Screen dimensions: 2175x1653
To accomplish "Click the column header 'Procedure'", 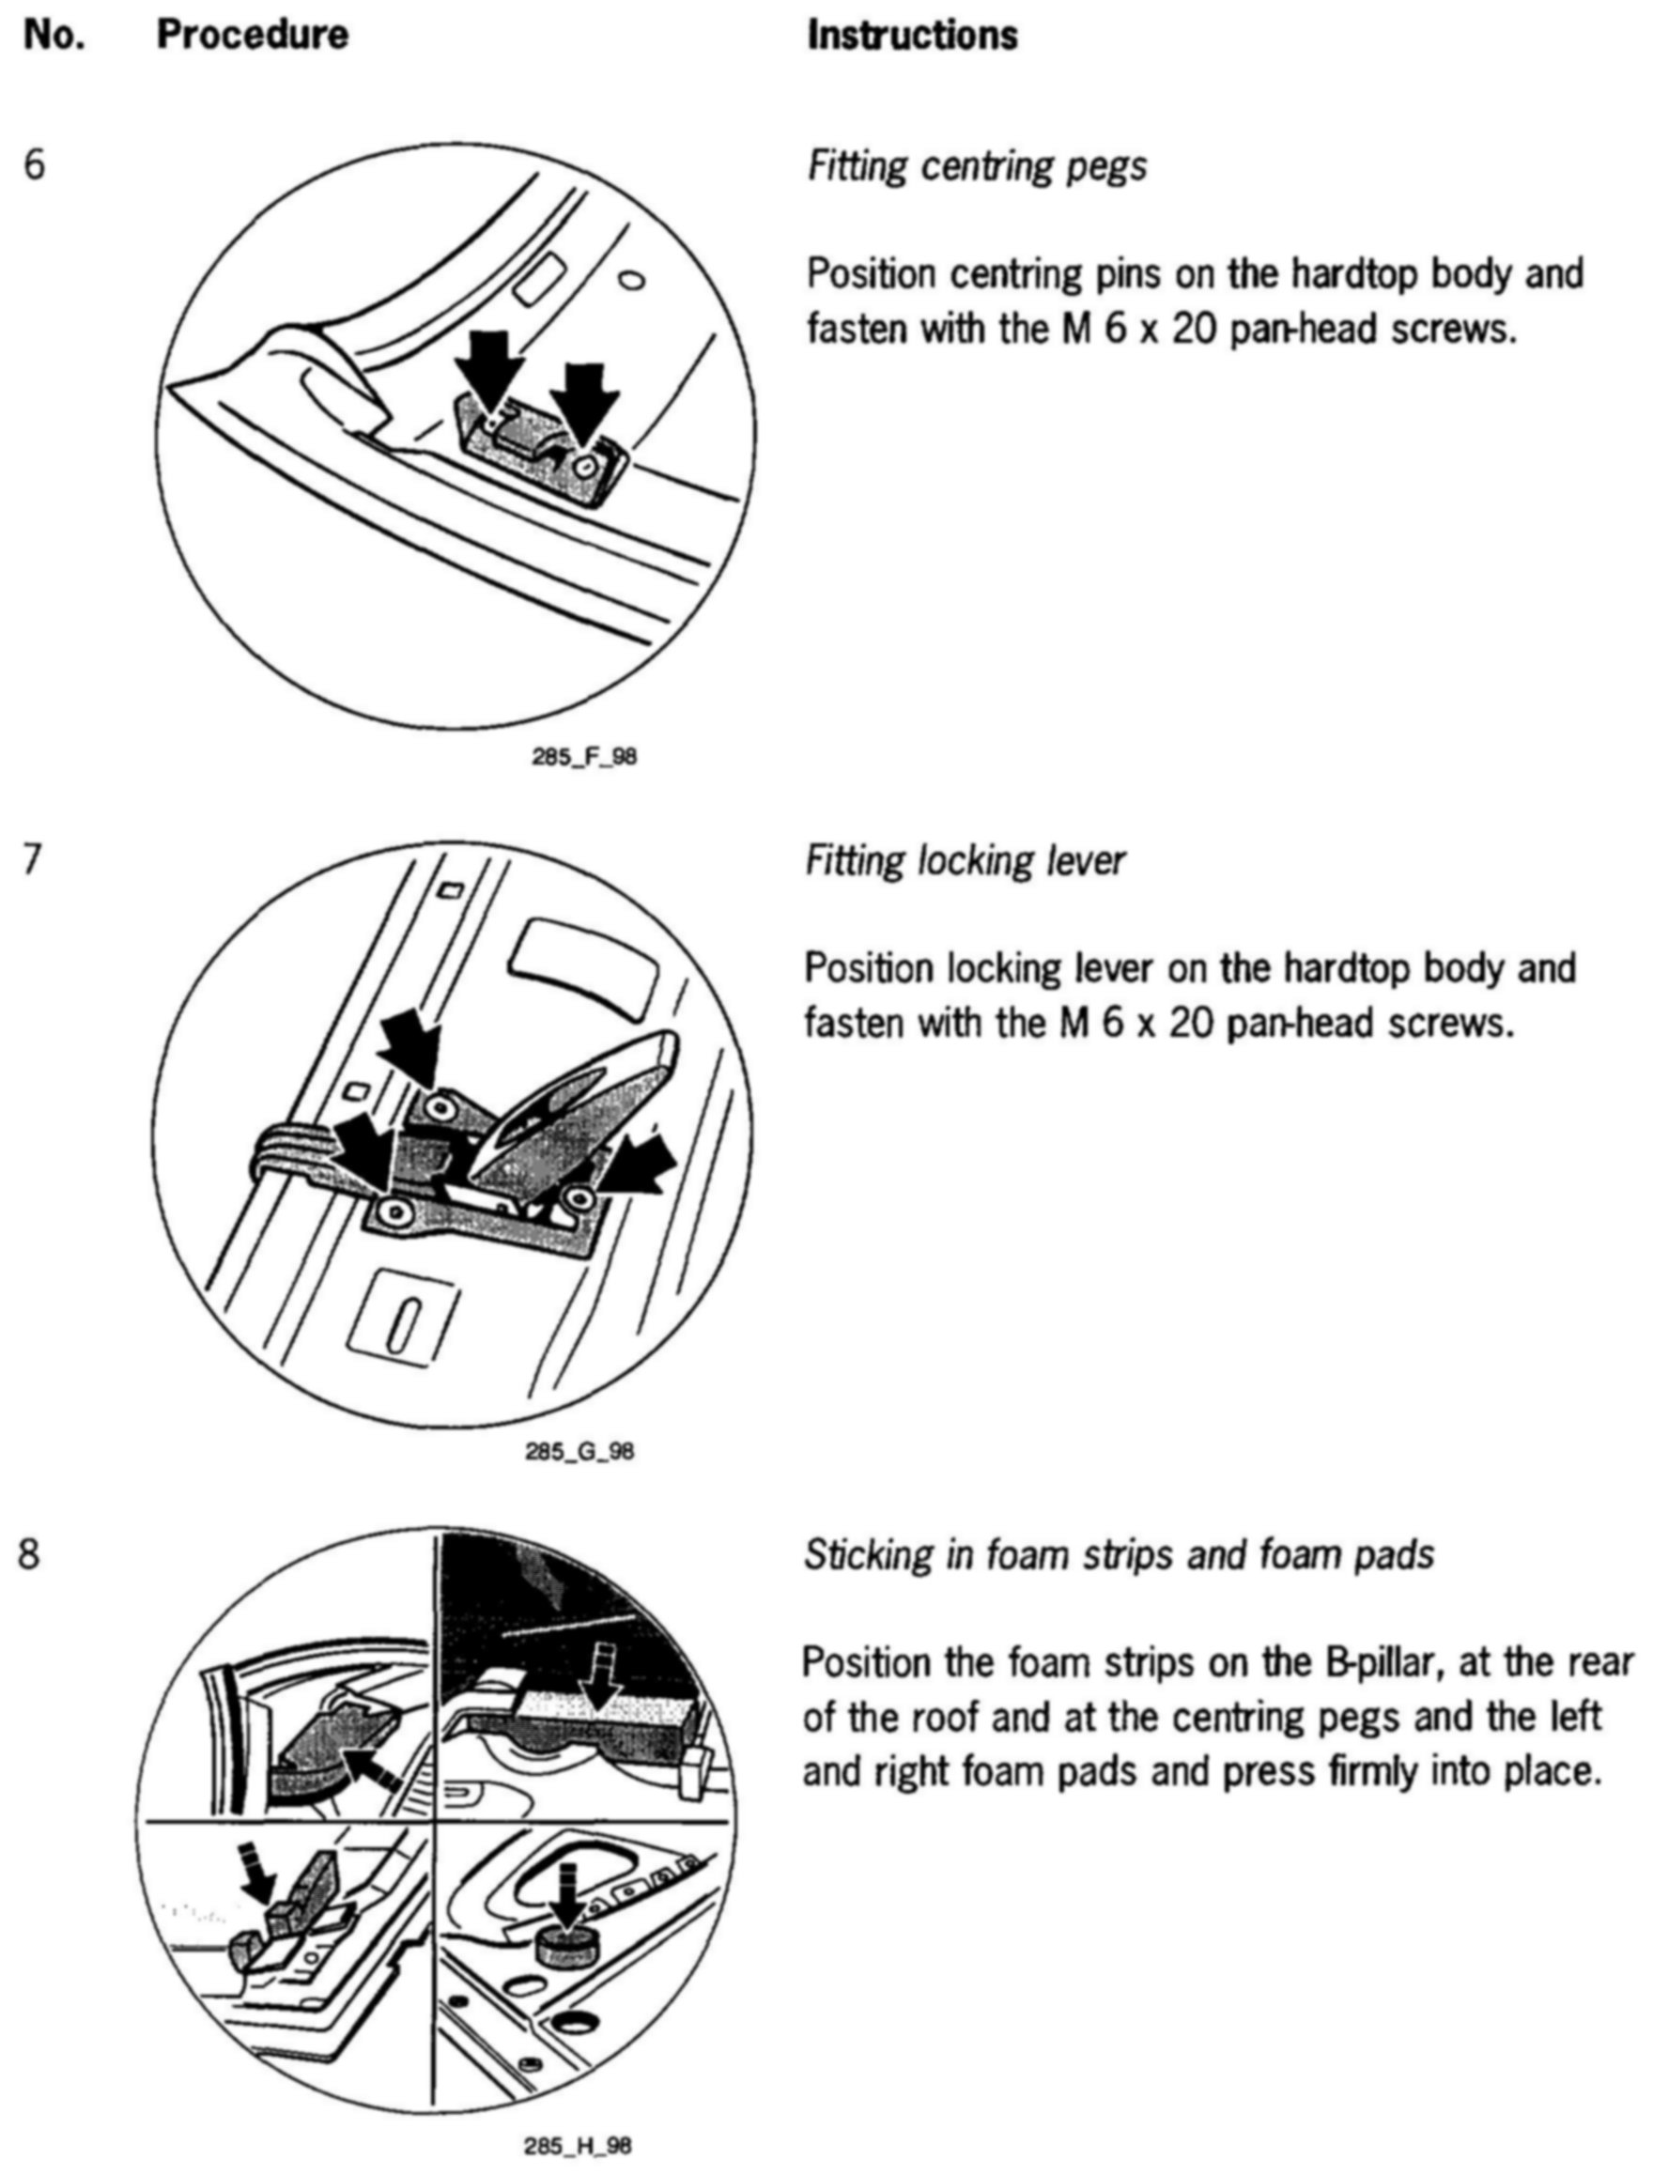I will (252, 36).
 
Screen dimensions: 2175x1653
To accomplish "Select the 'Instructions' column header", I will (912, 36).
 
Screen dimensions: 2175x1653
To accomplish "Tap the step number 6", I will (35, 165).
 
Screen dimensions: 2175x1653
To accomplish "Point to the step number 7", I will (33, 860).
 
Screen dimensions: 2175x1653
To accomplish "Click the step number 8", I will (30, 1554).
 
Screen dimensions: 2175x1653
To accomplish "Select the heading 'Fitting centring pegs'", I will (977, 166).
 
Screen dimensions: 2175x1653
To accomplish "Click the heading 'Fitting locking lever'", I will (966, 861).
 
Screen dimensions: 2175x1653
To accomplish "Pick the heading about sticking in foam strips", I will (1119, 1555).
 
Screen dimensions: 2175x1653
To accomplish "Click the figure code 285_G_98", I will (580, 1451).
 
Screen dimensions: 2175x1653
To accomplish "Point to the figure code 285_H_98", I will (579, 2146).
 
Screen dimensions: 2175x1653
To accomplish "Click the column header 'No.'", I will (54, 36).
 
